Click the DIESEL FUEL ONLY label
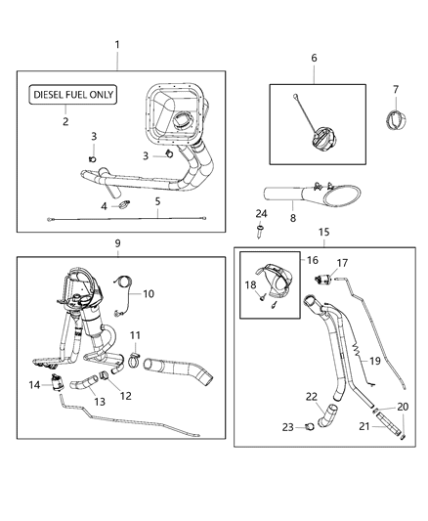pos(74,96)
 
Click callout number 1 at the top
pos(117,45)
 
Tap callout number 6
pos(314,58)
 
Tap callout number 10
pos(150,293)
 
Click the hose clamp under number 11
pos(136,365)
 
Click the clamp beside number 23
pos(309,426)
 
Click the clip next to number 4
pos(124,205)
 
